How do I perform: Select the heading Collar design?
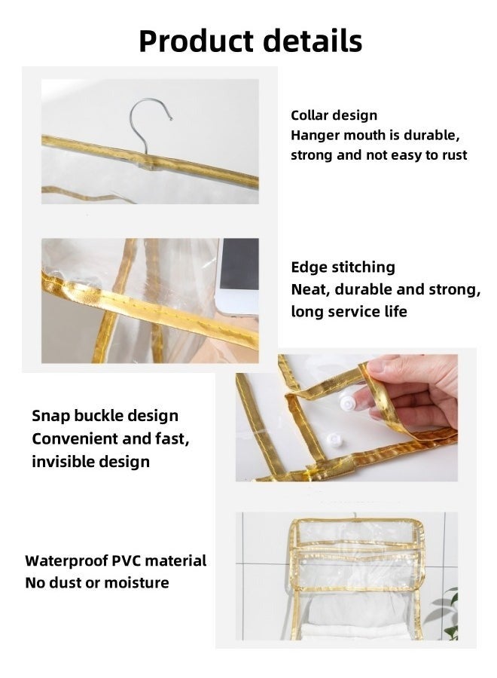tap(334, 115)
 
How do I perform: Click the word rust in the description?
tap(453, 155)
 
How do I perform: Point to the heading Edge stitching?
tap(343, 267)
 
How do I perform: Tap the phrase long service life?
tap(349, 311)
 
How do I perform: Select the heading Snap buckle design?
tap(105, 416)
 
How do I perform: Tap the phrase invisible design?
tap(90, 462)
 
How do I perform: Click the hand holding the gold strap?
tap(418, 388)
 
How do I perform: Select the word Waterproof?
tap(66, 560)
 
